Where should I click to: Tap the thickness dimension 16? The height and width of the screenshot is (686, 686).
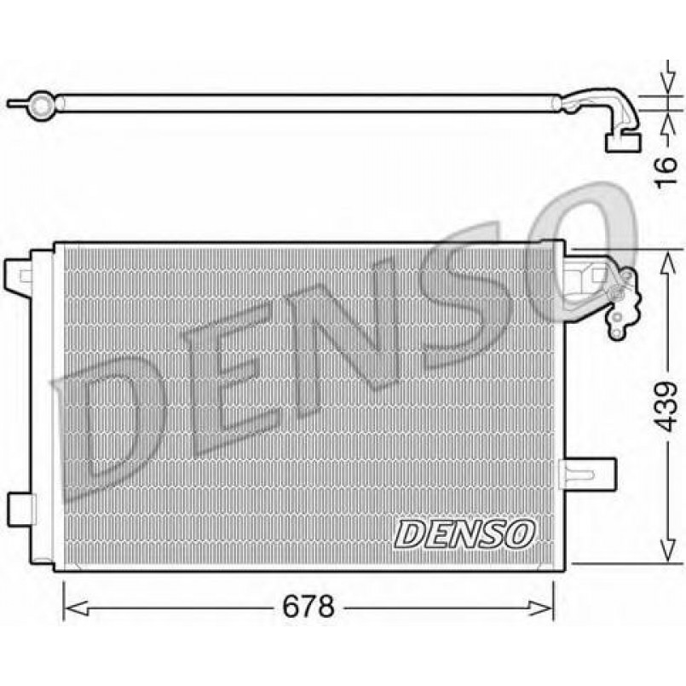(667, 172)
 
